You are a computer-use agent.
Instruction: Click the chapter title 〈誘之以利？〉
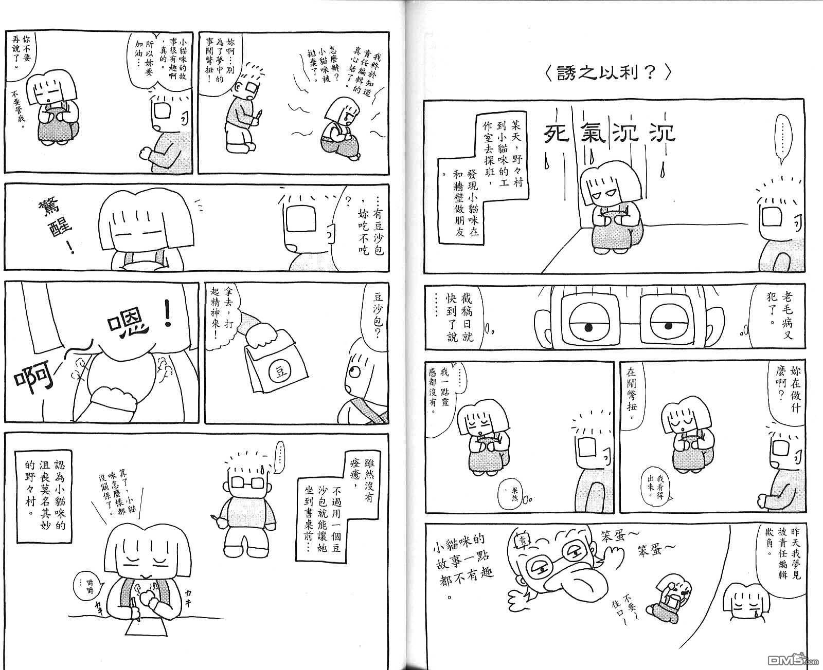pyautogui.click(x=608, y=73)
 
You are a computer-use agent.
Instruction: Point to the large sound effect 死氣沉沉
pyautogui.click(x=610, y=133)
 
